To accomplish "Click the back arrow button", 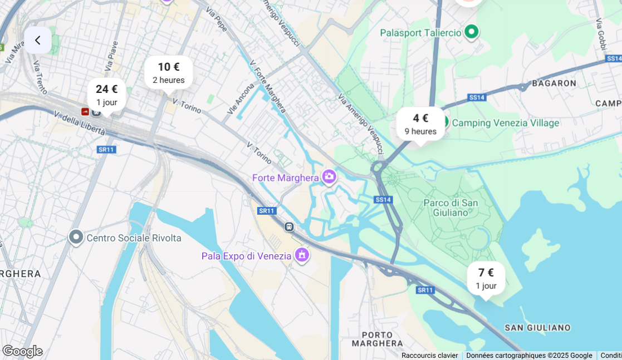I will point(38,40).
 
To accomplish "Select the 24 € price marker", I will point(106,95).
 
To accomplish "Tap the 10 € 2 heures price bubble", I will point(169,72).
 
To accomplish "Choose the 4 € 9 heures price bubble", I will point(420,124).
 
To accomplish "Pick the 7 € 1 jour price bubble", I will point(486,278).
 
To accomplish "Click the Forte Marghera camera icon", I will point(329,177).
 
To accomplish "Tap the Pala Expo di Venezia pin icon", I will point(302,255).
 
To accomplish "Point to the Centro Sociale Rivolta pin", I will point(76,238).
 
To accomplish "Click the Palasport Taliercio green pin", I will point(472,32).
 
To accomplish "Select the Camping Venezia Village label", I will point(506,123).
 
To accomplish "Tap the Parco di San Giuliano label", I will point(450,208).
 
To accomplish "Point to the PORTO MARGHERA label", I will point(382,339).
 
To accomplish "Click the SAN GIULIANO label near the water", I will point(537,327).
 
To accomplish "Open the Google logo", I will point(22,351).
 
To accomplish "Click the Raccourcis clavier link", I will point(429,356).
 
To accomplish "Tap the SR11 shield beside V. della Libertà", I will point(106,150).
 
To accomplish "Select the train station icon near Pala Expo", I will point(288,226).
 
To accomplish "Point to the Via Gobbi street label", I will point(600,33).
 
